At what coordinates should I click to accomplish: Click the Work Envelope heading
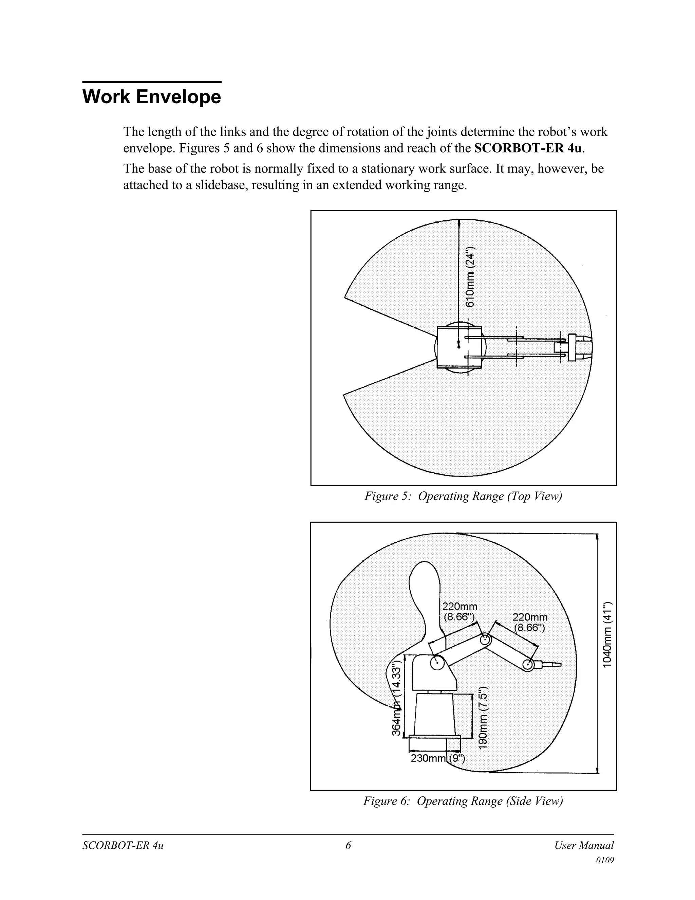151,97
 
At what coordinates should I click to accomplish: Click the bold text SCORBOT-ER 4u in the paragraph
529,148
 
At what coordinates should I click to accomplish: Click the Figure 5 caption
463,496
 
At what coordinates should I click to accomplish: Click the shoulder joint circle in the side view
436,663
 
